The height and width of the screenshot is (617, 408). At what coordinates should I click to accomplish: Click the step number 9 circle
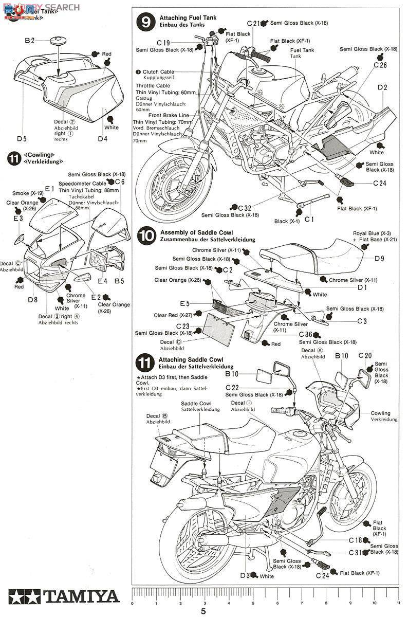click(145, 22)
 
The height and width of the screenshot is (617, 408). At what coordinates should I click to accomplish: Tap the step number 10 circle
click(146, 236)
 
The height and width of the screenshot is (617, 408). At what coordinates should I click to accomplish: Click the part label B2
click(29, 40)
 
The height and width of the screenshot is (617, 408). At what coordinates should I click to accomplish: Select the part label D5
click(21, 138)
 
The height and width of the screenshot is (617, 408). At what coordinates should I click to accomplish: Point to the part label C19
click(163, 43)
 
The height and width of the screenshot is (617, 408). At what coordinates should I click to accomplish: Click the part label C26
click(380, 65)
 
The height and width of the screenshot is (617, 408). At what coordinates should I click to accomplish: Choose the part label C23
click(183, 326)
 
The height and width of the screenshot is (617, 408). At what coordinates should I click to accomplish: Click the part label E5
click(184, 304)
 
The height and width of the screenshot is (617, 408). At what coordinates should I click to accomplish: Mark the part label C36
click(306, 334)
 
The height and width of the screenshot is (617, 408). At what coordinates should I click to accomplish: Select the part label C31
click(356, 553)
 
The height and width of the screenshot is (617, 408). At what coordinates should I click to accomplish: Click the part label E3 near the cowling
click(18, 219)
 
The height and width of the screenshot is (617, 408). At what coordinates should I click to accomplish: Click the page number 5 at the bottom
click(203, 611)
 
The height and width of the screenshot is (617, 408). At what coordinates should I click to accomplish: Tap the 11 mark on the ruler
click(398, 603)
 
